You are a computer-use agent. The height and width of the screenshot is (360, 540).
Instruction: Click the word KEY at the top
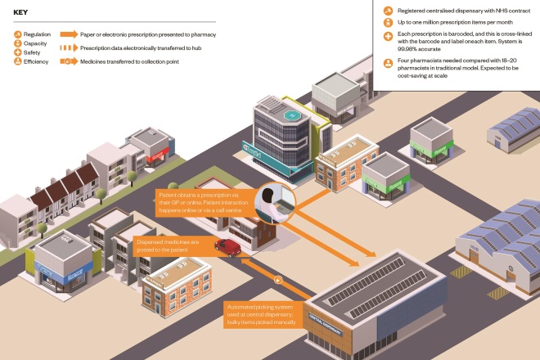21,11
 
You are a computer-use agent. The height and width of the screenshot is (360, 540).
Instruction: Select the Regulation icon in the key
19,35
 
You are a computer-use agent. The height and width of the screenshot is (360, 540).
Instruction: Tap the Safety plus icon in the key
19,52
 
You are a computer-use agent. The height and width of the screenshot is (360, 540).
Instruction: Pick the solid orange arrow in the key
68,35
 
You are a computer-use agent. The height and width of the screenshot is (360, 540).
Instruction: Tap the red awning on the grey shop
159,151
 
